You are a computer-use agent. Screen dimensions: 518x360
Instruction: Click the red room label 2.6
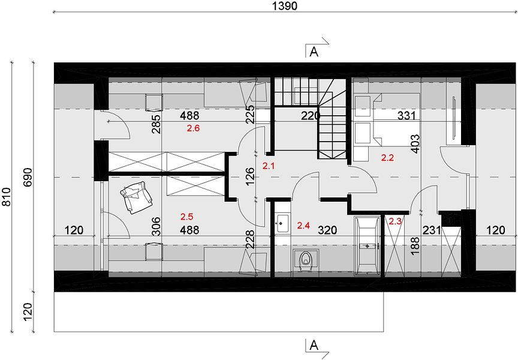point(193,128)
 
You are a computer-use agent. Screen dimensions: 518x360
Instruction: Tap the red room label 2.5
point(186,217)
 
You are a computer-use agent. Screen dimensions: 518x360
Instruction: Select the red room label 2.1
point(269,166)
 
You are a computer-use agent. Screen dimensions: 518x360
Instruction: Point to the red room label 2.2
point(387,158)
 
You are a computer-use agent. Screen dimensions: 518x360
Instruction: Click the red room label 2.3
point(395,221)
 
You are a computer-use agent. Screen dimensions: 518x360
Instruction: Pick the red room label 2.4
point(303,226)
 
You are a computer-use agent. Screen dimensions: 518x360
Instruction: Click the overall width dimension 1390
point(285,5)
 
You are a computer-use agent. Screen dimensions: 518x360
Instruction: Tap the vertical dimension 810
point(6,197)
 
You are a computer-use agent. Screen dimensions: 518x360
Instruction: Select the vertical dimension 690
point(28,177)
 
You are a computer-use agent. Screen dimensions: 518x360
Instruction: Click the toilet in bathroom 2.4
point(306,259)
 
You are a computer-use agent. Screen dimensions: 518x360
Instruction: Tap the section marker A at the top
point(314,52)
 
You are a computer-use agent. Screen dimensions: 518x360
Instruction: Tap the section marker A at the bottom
point(314,346)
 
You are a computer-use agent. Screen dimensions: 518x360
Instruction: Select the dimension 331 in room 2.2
point(406,115)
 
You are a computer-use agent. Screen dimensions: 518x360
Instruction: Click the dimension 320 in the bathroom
point(327,230)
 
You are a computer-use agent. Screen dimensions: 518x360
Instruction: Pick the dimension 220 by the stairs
point(311,116)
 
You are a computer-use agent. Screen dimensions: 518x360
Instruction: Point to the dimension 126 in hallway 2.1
point(251,176)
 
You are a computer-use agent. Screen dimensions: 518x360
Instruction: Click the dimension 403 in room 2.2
point(415,143)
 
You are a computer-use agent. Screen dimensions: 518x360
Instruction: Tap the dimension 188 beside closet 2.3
point(415,245)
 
